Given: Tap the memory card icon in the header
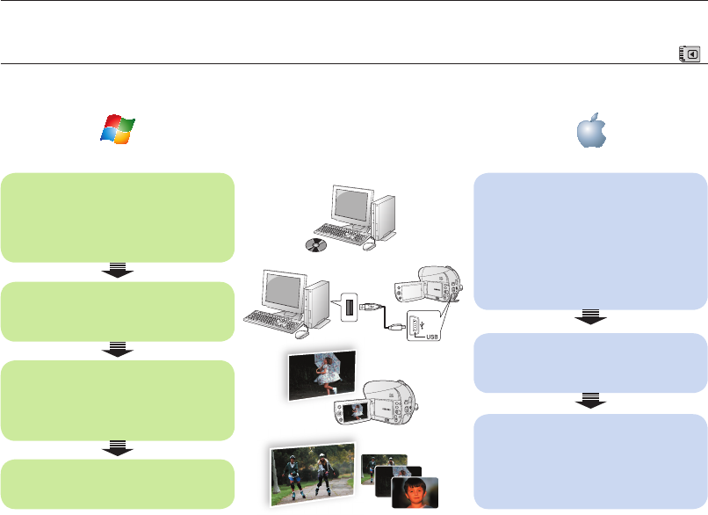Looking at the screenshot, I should (690, 54).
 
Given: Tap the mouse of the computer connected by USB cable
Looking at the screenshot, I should (302, 333).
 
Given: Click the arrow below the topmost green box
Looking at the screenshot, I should (118, 272).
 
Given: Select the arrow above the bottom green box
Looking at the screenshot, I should (118, 449).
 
